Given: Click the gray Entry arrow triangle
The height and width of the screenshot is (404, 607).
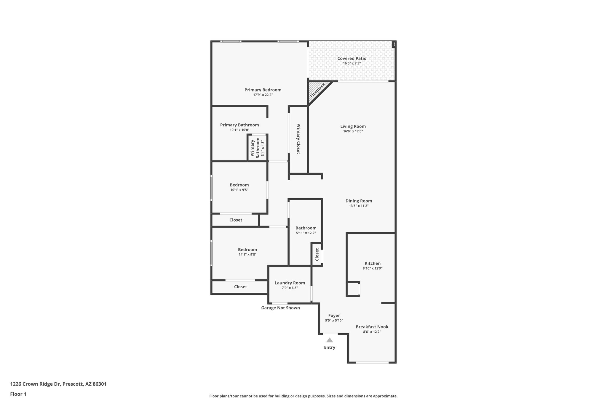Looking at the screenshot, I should [330, 340].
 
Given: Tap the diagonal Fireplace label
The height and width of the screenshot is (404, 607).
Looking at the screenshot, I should [317, 90].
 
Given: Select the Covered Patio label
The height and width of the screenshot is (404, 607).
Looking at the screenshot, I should [352, 58].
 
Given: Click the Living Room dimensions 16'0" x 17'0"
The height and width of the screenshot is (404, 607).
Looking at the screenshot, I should [353, 131].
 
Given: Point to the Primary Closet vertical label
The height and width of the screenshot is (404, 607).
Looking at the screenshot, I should [298, 139].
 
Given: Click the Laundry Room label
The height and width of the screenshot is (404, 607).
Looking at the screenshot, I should [290, 283].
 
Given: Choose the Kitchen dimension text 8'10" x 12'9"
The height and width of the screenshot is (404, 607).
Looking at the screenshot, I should [373, 268].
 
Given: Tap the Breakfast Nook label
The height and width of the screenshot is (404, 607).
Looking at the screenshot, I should [372, 327].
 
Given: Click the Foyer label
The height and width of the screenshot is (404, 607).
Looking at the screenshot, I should [334, 316].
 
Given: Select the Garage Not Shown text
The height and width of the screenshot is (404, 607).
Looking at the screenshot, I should [280, 308].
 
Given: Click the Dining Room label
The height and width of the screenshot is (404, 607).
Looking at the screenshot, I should [359, 201].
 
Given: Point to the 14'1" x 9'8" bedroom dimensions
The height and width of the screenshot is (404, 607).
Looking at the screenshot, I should [247, 255].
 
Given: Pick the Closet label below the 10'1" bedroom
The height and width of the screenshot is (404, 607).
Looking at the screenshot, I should [236, 220].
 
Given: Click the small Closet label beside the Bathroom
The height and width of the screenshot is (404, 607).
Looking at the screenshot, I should [317, 255].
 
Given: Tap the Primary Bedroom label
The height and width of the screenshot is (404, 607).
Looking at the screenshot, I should [263, 90].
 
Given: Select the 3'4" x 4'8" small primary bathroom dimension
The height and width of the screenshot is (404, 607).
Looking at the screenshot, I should [262, 148].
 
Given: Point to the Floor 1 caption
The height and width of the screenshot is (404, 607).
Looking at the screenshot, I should [18, 394].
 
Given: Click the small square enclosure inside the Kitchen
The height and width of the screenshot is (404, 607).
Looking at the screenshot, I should [353, 289].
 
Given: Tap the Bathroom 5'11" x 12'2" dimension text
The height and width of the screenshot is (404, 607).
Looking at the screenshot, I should [306, 233].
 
